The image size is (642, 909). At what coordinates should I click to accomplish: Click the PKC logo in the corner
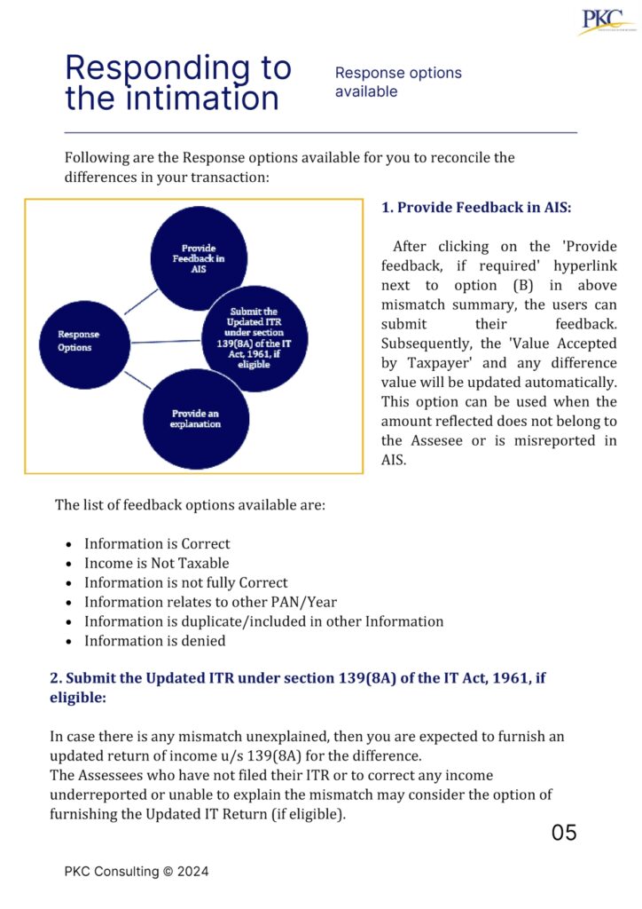click(606, 20)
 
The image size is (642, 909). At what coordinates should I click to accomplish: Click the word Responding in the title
click(177, 68)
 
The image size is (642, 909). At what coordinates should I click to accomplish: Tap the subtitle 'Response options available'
click(398, 82)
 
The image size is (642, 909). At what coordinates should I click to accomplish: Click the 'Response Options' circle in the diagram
click(79, 341)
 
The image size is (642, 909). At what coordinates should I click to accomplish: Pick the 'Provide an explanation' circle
click(196, 418)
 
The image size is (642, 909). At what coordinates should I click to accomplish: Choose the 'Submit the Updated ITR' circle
click(254, 338)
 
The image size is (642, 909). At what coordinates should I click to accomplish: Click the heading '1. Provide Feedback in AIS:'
click(476, 208)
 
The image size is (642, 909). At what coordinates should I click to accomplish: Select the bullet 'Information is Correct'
click(157, 543)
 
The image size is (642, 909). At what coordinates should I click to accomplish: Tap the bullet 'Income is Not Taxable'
click(156, 563)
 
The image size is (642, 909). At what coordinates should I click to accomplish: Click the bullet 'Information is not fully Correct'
click(185, 582)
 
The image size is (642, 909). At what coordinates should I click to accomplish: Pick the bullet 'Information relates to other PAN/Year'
click(210, 602)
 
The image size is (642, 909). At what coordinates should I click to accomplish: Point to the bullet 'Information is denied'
click(154, 641)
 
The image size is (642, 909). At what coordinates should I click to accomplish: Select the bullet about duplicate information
click(263, 621)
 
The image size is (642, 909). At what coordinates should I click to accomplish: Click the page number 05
click(564, 833)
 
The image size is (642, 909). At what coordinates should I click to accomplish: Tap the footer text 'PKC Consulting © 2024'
click(137, 872)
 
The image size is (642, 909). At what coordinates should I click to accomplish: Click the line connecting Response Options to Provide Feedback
click(140, 301)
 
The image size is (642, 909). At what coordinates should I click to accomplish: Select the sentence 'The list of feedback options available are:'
click(190, 505)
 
